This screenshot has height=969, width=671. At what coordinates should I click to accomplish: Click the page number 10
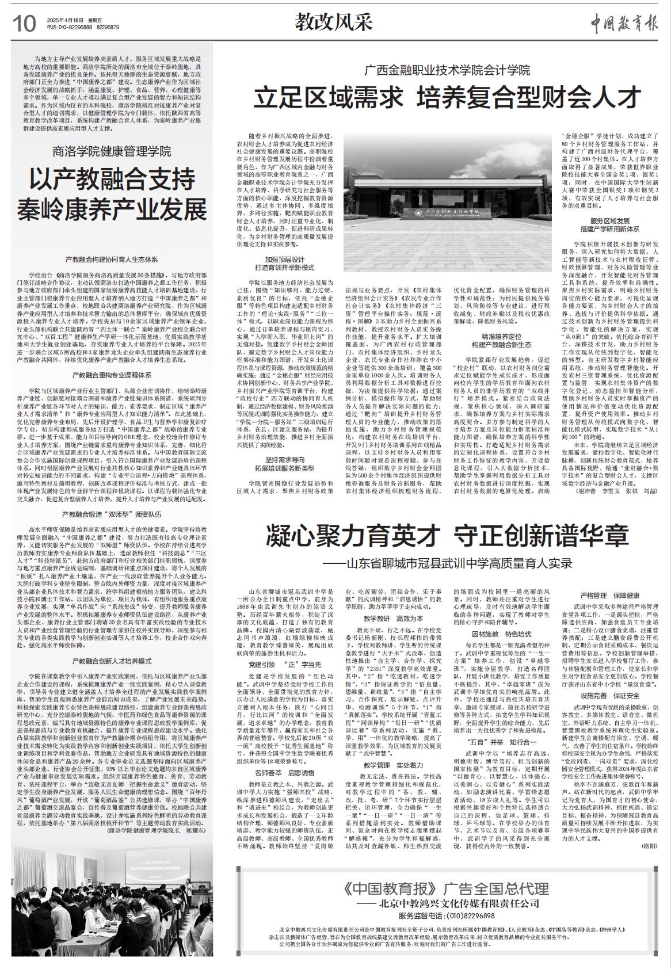pos(24,24)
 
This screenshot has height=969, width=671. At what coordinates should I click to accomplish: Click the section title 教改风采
pos(334,22)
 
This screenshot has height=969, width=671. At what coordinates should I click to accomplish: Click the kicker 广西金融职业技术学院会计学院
pos(447,71)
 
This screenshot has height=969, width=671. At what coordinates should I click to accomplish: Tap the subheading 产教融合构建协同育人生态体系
pos(112,260)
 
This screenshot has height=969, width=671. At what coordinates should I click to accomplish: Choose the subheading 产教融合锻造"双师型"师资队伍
pos(112,514)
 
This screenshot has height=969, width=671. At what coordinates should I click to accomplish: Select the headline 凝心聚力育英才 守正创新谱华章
pos(447,536)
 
